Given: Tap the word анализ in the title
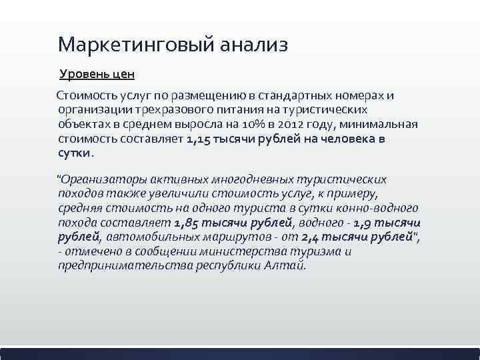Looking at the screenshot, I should pos(251,45).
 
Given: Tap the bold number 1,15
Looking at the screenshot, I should pos(199,139).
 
